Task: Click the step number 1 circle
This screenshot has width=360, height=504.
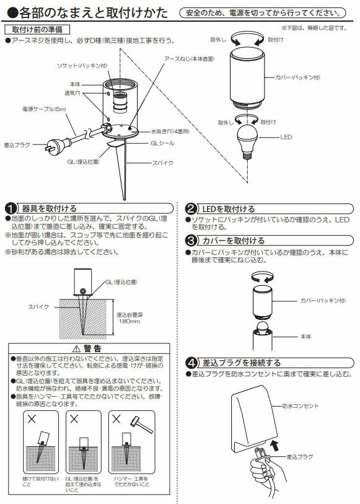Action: (x=11, y=209)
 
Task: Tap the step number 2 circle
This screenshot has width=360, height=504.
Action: (x=192, y=209)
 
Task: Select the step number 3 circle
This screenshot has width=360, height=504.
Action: (x=192, y=241)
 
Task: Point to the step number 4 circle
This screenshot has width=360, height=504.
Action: (x=192, y=363)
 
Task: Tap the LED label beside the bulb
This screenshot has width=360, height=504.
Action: (x=286, y=136)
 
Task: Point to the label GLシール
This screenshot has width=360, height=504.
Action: (x=160, y=143)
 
